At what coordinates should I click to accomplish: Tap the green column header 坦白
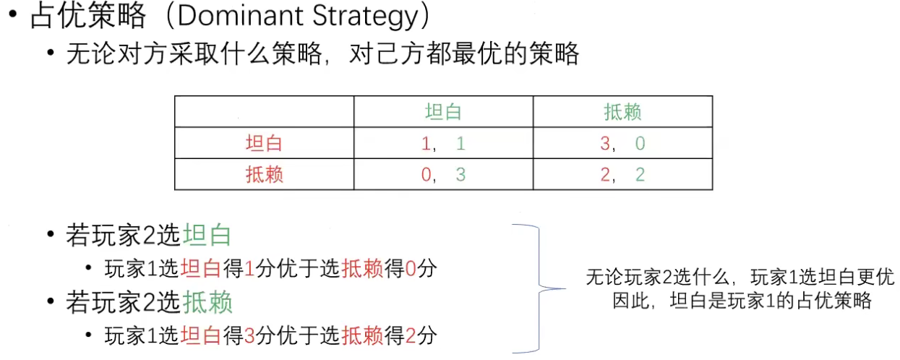tap(443, 112)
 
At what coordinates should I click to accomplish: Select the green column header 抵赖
tap(622, 112)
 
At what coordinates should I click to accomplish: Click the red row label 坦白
tap(264, 143)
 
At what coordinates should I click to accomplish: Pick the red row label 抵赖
tap(264, 174)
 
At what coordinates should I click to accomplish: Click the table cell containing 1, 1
tap(443, 143)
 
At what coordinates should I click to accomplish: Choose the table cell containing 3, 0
tap(622, 143)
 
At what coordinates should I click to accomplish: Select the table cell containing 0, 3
tap(443, 174)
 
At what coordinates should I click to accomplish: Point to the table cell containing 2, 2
tap(622, 174)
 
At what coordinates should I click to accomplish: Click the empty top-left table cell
tap(264, 112)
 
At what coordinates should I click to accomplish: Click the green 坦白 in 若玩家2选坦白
tap(207, 236)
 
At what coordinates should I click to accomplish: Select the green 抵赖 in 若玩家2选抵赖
tap(207, 302)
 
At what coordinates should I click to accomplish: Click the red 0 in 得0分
tap(411, 269)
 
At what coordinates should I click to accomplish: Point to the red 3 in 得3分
tap(249, 335)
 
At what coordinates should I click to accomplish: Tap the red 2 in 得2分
tap(411, 335)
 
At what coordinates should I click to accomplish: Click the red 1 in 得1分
tap(249, 269)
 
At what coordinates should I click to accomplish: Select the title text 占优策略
tap(88, 17)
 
